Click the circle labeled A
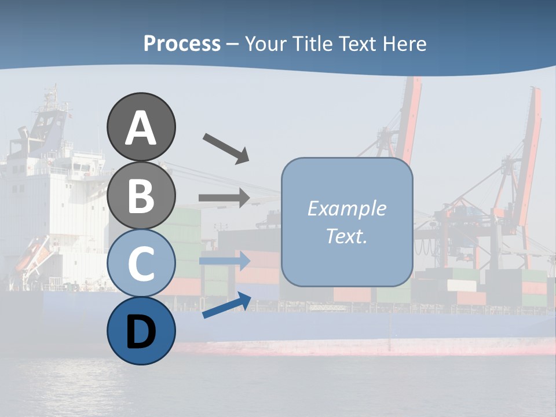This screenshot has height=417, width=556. pyautogui.click(x=141, y=127)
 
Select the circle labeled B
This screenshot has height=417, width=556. pyautogui.click(x=141, y=195)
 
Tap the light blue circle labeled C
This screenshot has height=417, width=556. pyautogui.click(x=141, y=263)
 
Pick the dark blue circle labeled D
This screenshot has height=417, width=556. pyautogui.click(x=141, y=331)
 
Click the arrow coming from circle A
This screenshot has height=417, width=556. pyautogui.click(x=226, y=148)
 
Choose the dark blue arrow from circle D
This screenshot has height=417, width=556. pyautogui.click(x=226, y=306)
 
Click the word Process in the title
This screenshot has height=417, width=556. pyautogui.click(x=182, y=43)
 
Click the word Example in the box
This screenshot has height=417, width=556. pyautogui.click(x=346, y=209)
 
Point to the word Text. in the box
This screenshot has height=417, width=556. pyautogui.click(x=346, y=236)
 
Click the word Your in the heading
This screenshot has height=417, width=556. pyautogui.click(x=264, y=43)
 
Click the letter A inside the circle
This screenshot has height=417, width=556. pyautogui.click(x=141, y=128)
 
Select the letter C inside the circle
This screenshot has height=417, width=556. pyautogui.click(x=141, y=264)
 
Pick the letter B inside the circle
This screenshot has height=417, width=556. pyautogui.click(x=141, y=196)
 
